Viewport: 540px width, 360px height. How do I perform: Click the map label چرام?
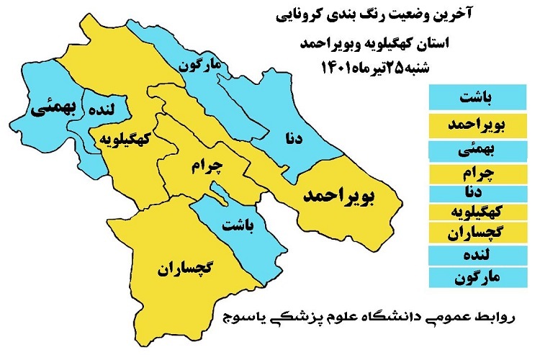click(x=209, y=166)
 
